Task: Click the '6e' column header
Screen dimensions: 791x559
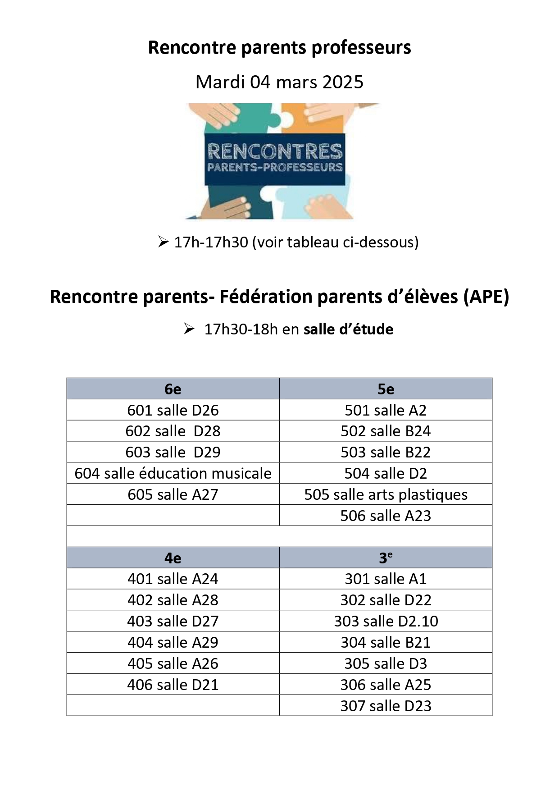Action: (173, 389)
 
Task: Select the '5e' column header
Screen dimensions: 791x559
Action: (386, 389)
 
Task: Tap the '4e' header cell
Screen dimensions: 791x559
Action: (173, 558)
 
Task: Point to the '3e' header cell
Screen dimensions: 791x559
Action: (386, 558)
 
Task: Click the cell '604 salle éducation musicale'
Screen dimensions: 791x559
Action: (173, 473)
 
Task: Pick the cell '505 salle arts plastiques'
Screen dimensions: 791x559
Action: (386, 494)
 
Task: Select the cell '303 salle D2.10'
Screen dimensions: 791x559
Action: (386, 621)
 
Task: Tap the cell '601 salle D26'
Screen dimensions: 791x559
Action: (173, 410)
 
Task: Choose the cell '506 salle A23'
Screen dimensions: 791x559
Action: (386, 516)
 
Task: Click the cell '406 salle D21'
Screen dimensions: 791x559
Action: (173, 685)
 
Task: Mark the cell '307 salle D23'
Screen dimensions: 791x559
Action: (386, 706)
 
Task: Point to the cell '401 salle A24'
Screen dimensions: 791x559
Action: (173, 579)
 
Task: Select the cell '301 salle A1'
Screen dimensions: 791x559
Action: (386, 579)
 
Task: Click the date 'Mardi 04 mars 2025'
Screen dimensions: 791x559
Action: (279, 82)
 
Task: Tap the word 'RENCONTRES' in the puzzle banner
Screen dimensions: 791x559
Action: (275, 151)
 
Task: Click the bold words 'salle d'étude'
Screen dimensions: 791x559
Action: (348, 329)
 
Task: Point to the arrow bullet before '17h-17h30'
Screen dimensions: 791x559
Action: (163, 242)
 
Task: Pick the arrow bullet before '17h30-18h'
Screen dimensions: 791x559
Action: (189, 329)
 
